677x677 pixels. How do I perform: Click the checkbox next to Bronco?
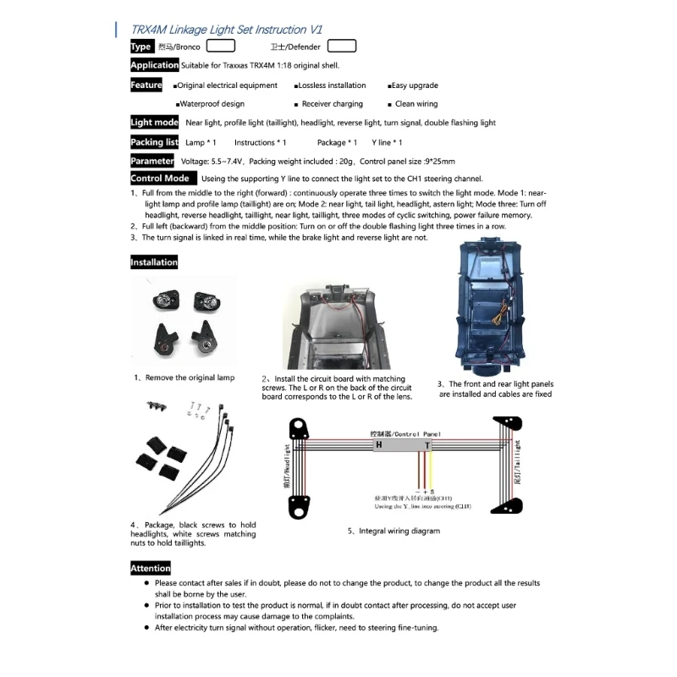pos(221,47)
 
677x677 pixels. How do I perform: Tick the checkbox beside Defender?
pos(342,47)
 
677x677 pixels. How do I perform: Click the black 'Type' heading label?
pos(141,47)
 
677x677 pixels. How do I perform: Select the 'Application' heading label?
pos(154,65)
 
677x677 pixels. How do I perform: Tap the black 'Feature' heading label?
pos(146,85)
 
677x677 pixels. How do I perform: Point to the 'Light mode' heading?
pos(154,123)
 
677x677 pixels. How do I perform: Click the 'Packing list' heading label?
pos(154,142)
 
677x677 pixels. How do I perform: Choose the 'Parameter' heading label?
pos(152,161)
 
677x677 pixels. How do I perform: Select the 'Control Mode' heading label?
pos(160,179)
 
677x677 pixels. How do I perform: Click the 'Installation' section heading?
pos(154,262)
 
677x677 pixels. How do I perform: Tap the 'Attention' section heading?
pos(151,569)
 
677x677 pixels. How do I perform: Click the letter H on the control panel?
pos(378,444)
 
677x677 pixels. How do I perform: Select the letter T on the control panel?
pos(427,444)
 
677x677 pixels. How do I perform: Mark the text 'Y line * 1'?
pos(387,142)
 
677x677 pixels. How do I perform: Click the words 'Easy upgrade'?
pos(416,85)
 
